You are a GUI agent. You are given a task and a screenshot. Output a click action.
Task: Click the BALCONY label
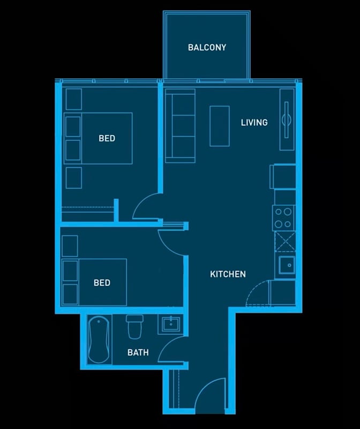pos(207,47)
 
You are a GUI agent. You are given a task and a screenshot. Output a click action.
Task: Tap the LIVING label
pos(254,123)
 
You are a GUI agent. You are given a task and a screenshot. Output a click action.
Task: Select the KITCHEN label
pos(228,274)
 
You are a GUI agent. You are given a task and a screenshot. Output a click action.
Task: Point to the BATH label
pos(138,352)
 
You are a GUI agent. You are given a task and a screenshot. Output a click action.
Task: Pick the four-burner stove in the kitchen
pos(284,217)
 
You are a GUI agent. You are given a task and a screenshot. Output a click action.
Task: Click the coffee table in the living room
pos(219,126)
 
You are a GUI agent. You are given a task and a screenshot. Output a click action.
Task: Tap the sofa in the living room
pos(180,126)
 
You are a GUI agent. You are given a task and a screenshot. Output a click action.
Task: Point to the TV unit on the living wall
pos(287,119)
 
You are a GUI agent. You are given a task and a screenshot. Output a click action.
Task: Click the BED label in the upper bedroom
pos(107,139)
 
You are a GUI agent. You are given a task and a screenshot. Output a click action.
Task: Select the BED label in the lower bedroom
pos(102,283)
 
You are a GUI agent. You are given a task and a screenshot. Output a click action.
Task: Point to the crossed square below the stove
pos(285,241)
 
